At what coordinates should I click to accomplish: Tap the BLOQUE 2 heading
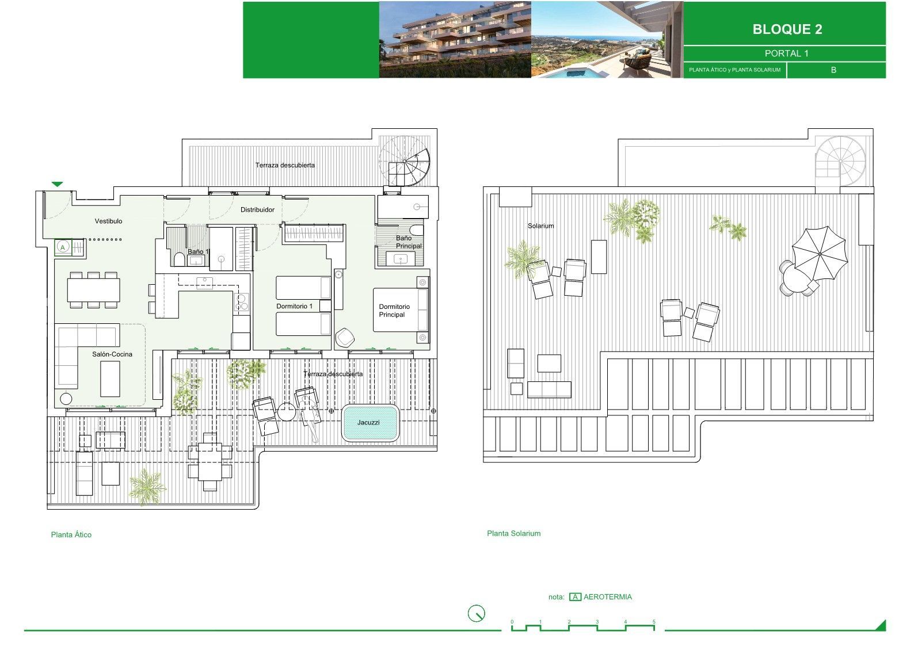pos(787,29)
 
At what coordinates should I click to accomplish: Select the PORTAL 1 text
pos(786,53)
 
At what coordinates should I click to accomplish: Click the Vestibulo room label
pos(109,221)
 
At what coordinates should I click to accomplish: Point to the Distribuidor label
pos(257,209)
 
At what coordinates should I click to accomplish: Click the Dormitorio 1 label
pos(294,306)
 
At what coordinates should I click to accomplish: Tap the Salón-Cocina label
pos(112,354)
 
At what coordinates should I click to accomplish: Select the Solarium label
pos(540,226)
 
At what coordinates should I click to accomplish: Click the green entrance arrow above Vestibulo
pos(57,184)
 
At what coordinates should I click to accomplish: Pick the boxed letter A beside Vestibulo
pos(63,247)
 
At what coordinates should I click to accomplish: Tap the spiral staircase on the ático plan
pos(405,161)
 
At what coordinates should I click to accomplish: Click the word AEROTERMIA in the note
pos(608,597)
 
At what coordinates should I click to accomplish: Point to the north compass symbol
pos(476,613)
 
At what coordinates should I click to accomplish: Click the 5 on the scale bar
pos(654,622)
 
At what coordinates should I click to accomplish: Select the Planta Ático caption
pos(71,534)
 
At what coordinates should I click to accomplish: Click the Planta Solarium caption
pos(514,533)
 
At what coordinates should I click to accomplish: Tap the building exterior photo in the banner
pos(455,40)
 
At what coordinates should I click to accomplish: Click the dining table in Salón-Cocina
pos(94,290)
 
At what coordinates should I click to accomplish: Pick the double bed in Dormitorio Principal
pos(401,310)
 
